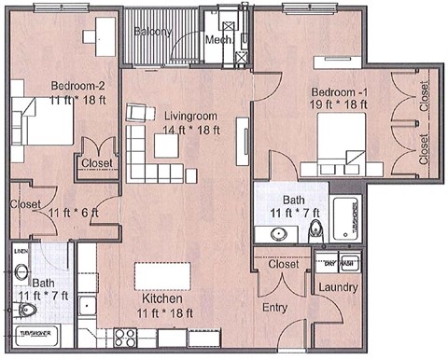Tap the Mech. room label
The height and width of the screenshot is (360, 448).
[218, 40]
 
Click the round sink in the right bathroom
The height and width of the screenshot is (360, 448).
[278, 232]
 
